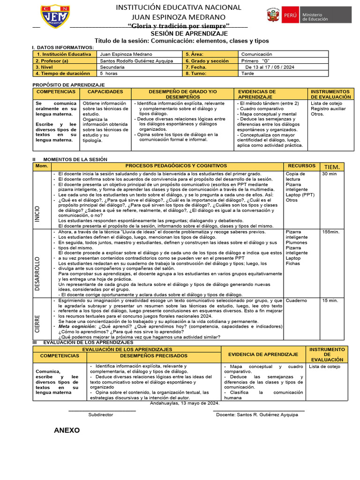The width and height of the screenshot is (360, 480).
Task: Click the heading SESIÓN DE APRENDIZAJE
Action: click(189, 34)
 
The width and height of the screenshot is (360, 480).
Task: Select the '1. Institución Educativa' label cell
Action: click(64, 54)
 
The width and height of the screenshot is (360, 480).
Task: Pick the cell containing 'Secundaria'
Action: click(112, 67)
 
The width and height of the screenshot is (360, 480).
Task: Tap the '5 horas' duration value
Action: click(109, 74)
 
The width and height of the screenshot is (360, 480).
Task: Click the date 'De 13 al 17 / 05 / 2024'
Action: click(270, 67)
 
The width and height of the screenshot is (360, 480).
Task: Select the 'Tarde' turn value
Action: click(247, 74)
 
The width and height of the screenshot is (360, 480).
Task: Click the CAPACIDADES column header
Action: click(105, 92)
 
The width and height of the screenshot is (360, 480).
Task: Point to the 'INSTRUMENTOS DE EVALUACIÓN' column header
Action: click(330, 94)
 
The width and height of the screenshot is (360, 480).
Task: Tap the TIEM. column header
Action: click(332, 167)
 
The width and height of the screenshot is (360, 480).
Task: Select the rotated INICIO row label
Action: click(37, 213)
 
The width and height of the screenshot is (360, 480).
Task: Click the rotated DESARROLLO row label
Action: click(37, 275)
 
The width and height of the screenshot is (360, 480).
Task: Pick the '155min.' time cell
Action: click(330, 232)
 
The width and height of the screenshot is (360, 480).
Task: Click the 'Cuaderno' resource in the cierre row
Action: click(296, 300)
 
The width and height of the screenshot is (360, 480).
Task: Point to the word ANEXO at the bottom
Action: click(67, 430)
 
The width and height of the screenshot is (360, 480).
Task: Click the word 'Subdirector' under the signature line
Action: click(101, 415)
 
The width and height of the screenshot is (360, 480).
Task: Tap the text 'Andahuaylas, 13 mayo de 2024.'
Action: click(185, 403)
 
